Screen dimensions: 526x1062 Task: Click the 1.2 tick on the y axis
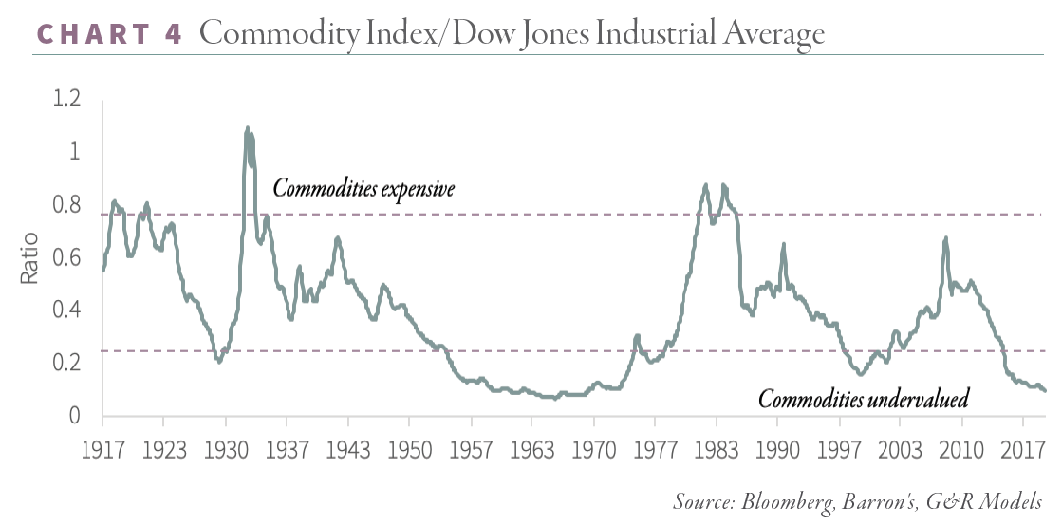[67, 100]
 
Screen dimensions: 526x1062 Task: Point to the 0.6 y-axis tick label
[67, 259]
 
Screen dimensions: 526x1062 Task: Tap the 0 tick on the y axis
[75, 416]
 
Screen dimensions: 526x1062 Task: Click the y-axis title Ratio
[29, 258]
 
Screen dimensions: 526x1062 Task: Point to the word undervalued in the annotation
[918, 399]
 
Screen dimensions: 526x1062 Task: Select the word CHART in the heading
[93, 34]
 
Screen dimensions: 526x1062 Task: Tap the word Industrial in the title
[655, 34]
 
